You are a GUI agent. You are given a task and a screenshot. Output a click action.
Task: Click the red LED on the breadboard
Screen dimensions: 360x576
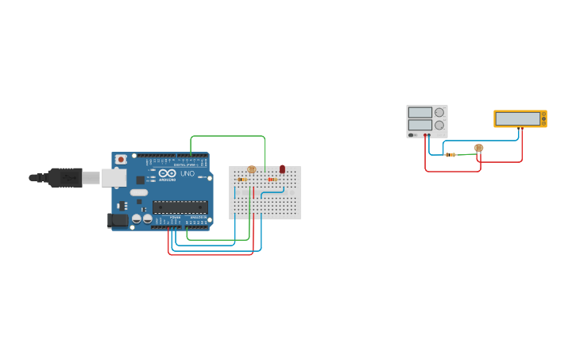(x=282, y=168)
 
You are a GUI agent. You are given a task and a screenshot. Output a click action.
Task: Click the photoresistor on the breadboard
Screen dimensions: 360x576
(x=252, y=169)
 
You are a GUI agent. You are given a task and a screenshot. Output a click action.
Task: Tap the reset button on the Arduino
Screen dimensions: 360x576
(x=121, y=159)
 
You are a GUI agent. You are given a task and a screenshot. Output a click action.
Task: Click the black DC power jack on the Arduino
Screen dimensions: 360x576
(x=118, y=219)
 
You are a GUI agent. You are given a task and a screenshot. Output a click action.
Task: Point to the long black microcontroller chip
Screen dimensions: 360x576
(x=180, y=207)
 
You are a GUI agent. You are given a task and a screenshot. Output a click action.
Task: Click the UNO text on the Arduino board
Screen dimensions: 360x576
(x=187, y=173)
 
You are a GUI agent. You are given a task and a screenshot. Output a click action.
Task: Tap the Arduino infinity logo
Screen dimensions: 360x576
(x=167, y=172)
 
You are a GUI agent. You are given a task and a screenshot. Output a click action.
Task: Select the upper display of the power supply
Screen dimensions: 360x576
(x=420, y=113)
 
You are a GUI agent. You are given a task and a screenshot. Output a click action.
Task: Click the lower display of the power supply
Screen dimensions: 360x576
(x=420, y=126)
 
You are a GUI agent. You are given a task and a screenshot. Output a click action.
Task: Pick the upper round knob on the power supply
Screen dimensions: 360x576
(x=439, y=113)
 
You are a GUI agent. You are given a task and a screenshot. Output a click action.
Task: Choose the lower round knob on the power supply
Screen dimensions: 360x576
(x=439, y=126)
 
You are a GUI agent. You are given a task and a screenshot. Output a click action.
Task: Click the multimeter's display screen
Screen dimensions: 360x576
(x=518, y=118)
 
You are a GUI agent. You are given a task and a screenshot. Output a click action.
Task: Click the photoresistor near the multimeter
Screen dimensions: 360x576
(x=478, y=148)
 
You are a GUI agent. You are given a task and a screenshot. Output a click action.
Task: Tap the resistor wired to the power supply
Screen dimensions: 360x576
(x=450, y=154)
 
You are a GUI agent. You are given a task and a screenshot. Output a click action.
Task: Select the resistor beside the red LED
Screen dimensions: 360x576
(x=273, y=180)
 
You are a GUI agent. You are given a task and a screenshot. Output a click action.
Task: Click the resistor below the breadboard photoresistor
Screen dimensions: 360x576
(x=242, y=180)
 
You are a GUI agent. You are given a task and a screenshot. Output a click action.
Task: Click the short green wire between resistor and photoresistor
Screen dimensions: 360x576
(x=468, y=153)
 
